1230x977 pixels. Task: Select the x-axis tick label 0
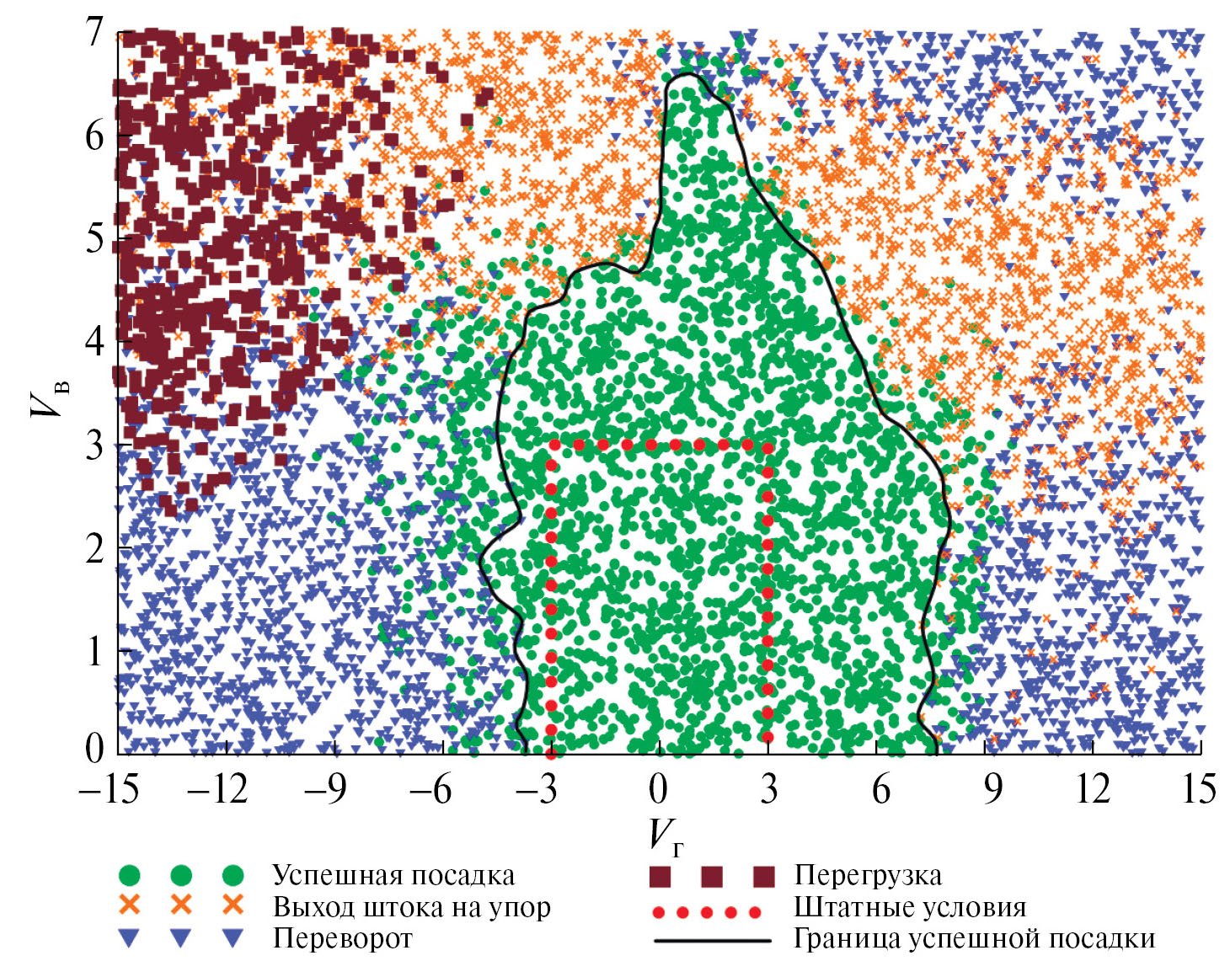(658, 790)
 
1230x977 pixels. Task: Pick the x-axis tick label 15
(1198, 790)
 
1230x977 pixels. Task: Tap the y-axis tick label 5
(94, 238)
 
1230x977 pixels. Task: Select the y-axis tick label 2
(94, 548)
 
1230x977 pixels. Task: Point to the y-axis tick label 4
(94, 342)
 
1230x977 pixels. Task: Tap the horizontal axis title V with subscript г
(665, 836)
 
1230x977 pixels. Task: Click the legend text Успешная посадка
(393, 876)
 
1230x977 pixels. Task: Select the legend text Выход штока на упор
(411, 908)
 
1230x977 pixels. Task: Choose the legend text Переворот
(342, 938)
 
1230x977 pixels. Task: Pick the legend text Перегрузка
(868, 876)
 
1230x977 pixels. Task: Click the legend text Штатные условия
(910, 908)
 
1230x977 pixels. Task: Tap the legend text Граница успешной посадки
(974, 938)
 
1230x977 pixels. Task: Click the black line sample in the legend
(712, 939)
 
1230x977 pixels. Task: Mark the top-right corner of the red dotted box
(767, 446)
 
